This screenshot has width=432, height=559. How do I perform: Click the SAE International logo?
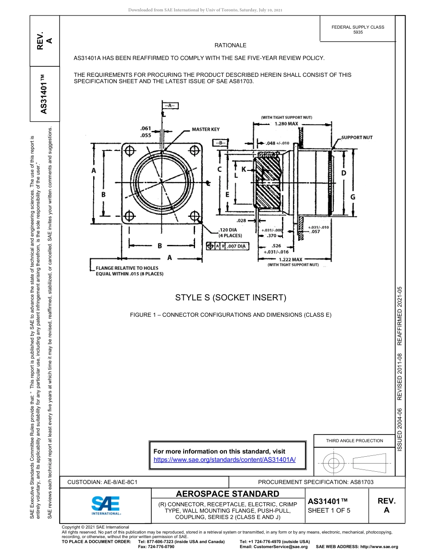point(106,505)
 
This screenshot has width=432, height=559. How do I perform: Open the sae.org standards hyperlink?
point(225,459)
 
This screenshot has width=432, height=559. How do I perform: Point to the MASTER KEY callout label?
point(206,130)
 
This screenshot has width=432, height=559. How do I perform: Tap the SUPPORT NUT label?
point(357,137)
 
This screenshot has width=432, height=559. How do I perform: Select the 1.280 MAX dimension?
point(286,123)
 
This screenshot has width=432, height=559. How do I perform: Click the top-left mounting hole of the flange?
point(130,150)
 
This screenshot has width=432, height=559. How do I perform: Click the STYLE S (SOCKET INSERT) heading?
point(231,298)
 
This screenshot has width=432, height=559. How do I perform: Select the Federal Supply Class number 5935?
point(358,33)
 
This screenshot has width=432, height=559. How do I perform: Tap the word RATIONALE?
point(231,45)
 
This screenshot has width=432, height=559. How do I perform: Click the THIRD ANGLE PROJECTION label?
point(354,440)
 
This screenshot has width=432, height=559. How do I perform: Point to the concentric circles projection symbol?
point(334,464)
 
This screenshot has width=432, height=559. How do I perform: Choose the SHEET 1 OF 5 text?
point(329,510)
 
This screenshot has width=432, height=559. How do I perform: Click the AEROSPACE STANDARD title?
point(227,494)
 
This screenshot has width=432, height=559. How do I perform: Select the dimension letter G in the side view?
point(353,197)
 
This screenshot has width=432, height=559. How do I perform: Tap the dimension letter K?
point(243,169)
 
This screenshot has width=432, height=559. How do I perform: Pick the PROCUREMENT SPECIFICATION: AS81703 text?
point(316,482)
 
